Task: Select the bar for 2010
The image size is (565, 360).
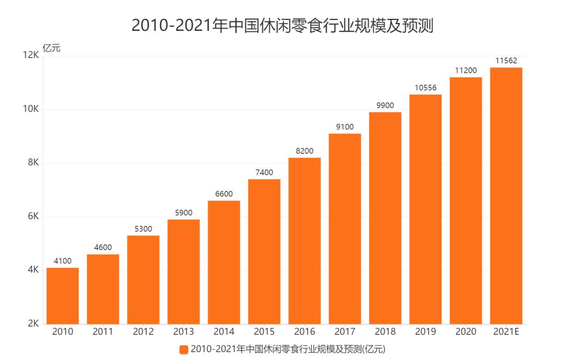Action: click(x=63, y=296)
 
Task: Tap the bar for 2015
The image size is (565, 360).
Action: click(x=264, y=252)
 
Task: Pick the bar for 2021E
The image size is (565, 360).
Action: click(x=506, y=196)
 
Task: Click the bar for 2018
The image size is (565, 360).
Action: click(x=385, y=218)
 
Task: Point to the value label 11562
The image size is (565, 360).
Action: click(x=506, y=61)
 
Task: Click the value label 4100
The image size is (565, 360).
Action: click(x=63, y=261)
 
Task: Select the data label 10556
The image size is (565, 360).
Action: click(x=425, y=88)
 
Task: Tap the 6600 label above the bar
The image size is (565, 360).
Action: click(x=224, y=194)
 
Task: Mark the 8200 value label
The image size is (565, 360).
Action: click(x=304, y=151)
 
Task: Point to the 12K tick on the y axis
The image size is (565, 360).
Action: click(x=31, y=55)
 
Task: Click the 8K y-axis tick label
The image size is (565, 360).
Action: click(x=33, y=163)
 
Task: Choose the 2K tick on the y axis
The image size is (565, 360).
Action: click(x=33, y=324)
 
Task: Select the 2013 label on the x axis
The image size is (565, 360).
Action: click(x=184, y=332)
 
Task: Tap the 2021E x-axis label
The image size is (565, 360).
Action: click(x=506, y=332)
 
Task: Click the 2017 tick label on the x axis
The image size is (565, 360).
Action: click(x=345, y=332)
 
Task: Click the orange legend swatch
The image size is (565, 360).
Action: click(x=184, y=350)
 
